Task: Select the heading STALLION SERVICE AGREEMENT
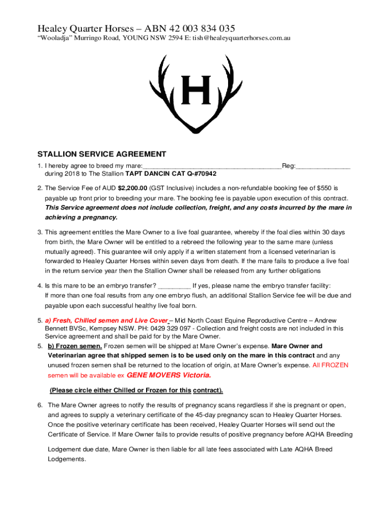coord(102,154)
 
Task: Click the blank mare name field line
coord(212,166)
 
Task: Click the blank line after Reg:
coord(323,166)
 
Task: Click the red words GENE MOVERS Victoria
coord(168,375)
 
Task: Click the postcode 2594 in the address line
coord(168,39)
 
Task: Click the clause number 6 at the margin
coord(39,405)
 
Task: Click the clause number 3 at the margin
coord(39,232)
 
